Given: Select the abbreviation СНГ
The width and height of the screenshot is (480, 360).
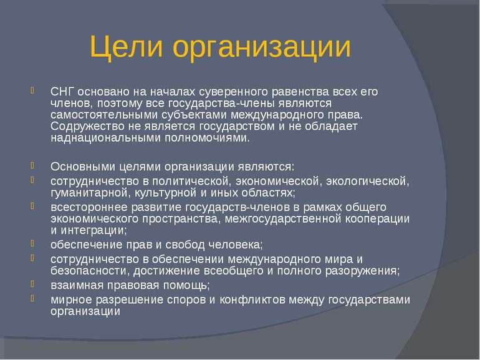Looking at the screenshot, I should pos(62,91).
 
